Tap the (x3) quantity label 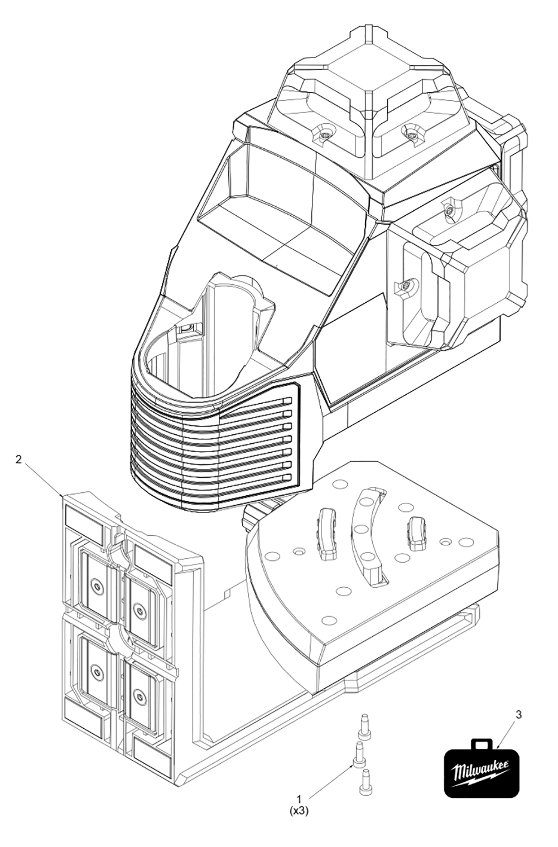tap(299, 812)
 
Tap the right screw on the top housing tap(412, 132)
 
